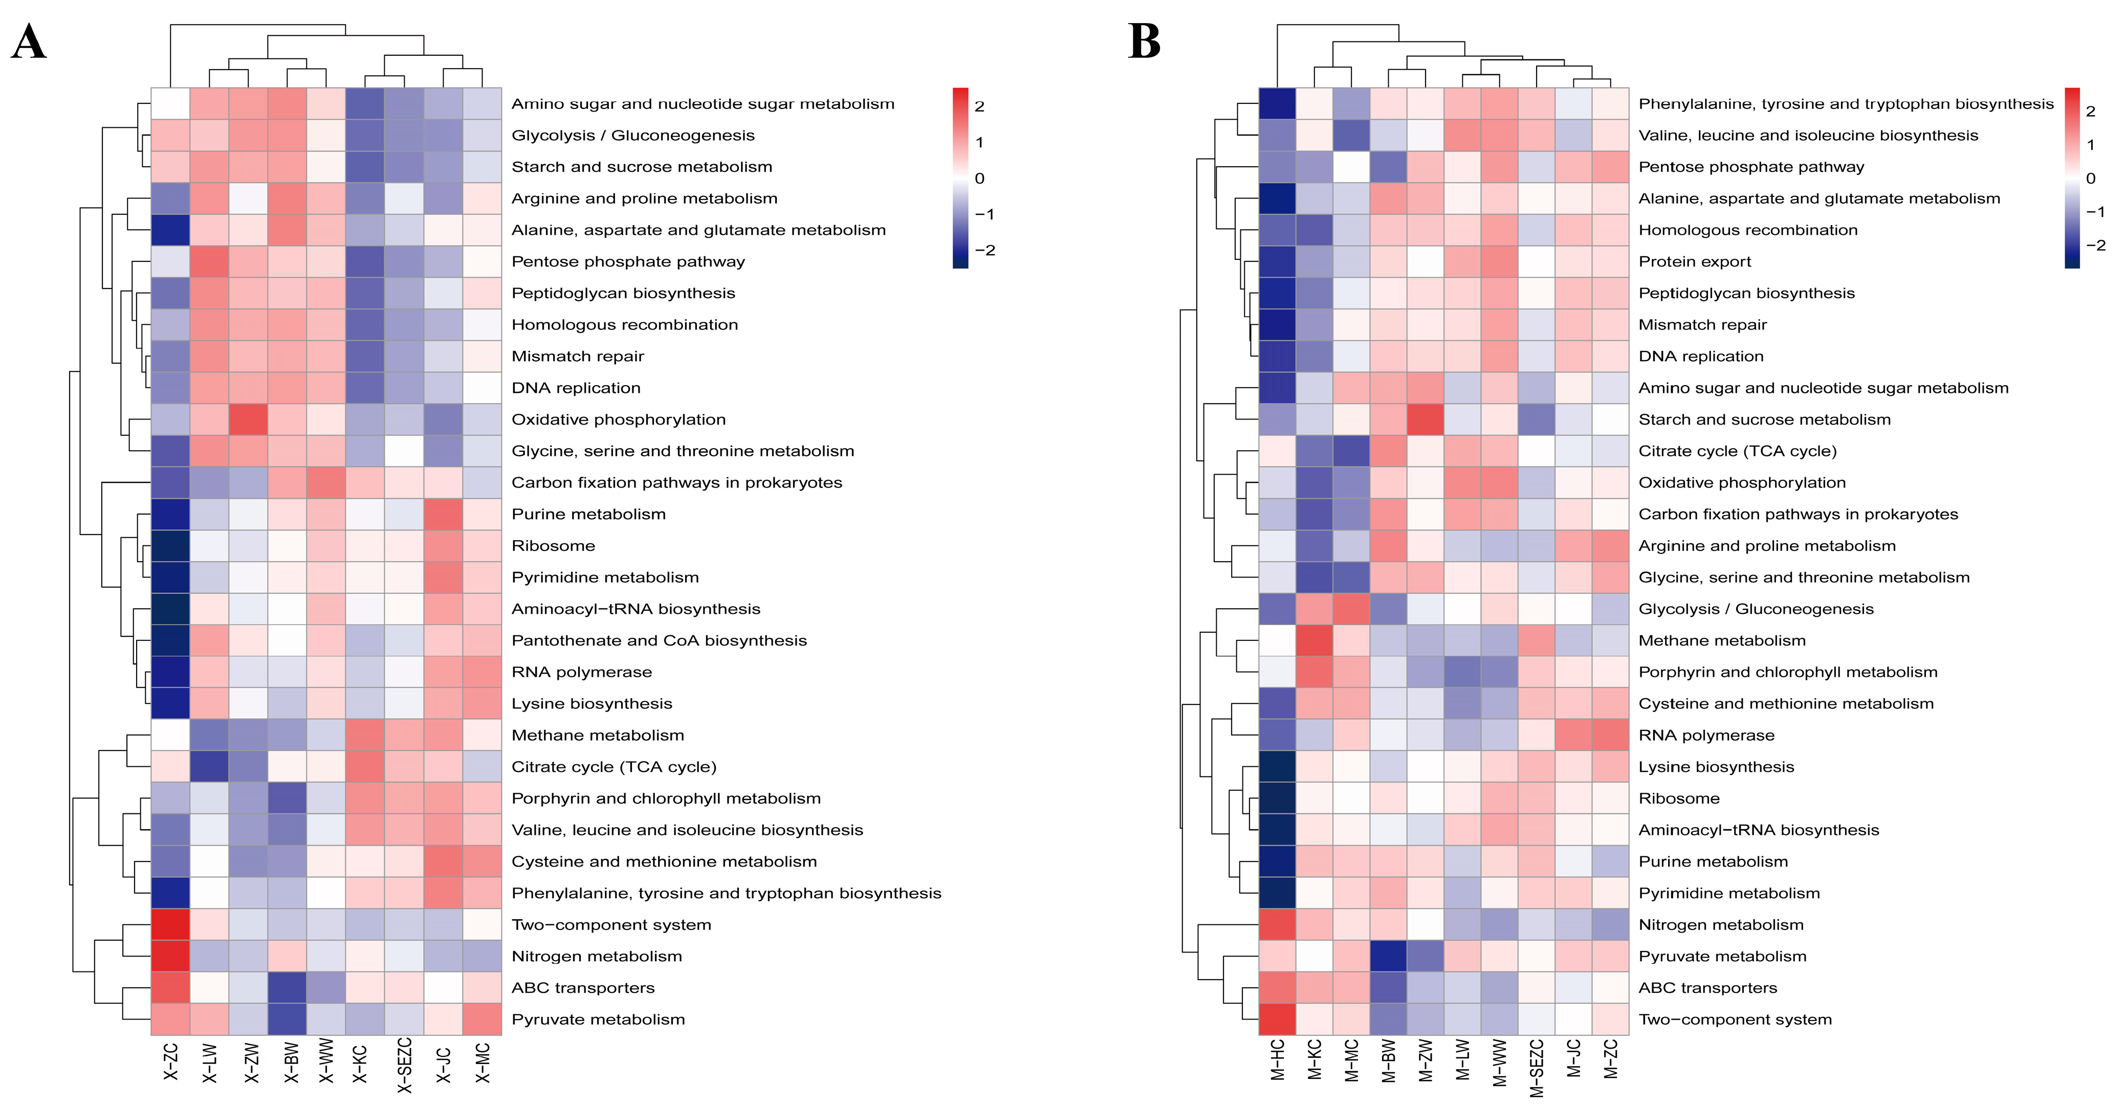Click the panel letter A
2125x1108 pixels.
[28, 41]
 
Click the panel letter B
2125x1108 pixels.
[1144, 41]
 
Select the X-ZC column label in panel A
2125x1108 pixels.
[171, 1062]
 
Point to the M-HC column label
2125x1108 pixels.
[1278, 1061]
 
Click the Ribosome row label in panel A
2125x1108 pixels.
[554, 546]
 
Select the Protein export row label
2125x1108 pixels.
[1694, 262]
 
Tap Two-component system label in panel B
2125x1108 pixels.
[1735, 1020]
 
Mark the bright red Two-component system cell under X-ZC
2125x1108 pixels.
[171, 925]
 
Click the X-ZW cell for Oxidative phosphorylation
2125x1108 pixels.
[249, 419]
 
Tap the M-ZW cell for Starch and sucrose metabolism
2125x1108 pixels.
[1426, 419]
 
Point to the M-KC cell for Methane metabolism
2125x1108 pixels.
[1315, 640]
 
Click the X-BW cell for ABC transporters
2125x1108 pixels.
[288, 988]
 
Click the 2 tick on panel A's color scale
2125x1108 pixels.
[979, 106]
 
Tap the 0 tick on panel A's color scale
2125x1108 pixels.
[979, 178]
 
